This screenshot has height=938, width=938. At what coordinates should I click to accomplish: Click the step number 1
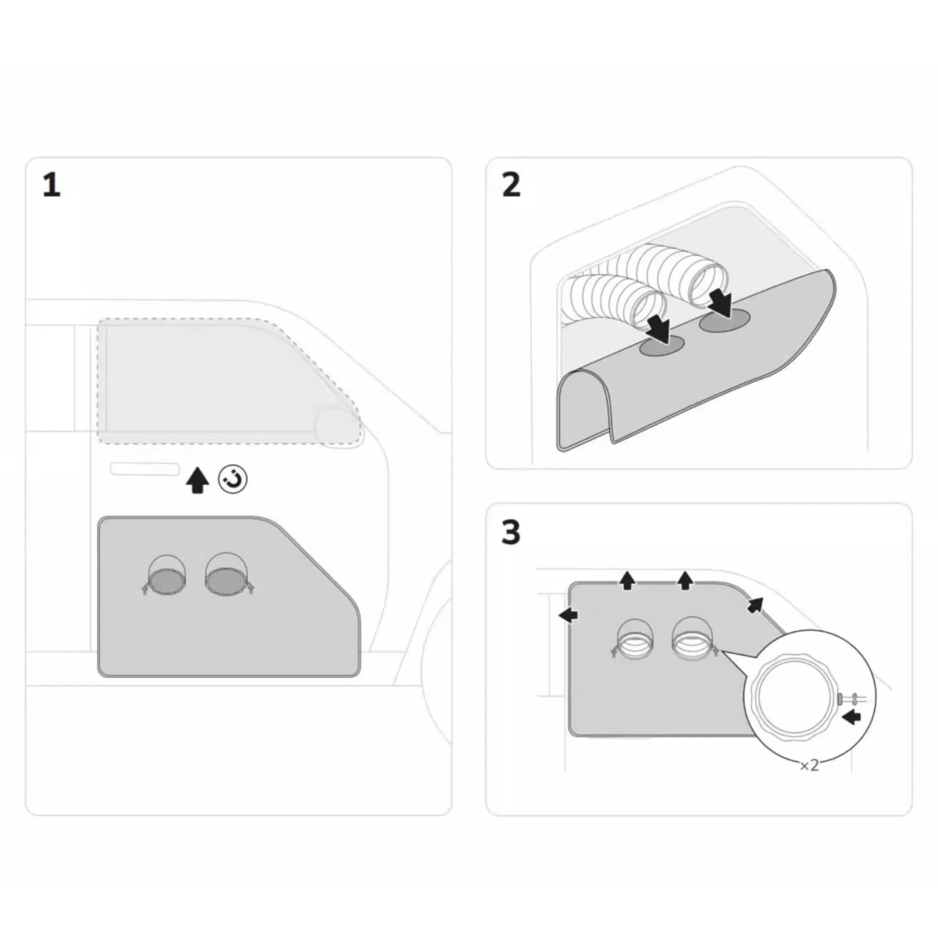pos(51,185)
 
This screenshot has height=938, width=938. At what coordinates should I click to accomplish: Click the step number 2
pos(511,185)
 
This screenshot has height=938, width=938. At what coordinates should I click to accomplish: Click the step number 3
pos(511,533)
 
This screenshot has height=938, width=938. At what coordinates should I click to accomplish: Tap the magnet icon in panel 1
pos(233,480)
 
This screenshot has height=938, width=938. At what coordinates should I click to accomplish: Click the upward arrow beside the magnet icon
pos(197,480)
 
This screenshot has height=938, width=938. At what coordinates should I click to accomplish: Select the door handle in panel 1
pos(145,469)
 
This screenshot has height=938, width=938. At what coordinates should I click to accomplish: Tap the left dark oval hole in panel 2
pos(661,346)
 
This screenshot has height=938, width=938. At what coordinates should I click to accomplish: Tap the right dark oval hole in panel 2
pos(724,321)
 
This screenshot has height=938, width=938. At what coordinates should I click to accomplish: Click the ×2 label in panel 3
pos(809,766)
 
